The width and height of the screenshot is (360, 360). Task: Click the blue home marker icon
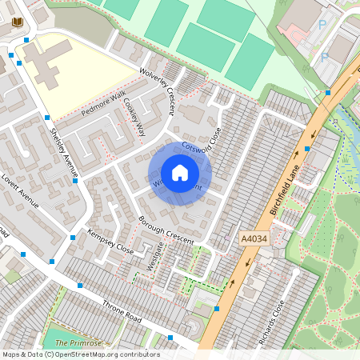point(180,173)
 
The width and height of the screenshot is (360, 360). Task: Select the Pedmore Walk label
point(103,102)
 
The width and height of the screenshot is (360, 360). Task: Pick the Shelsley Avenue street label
point(65,151)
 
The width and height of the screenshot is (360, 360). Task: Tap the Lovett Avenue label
point(20,189)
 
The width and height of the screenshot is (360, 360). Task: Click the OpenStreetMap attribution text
point(80,354)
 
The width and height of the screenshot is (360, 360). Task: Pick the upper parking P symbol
point(323,25)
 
